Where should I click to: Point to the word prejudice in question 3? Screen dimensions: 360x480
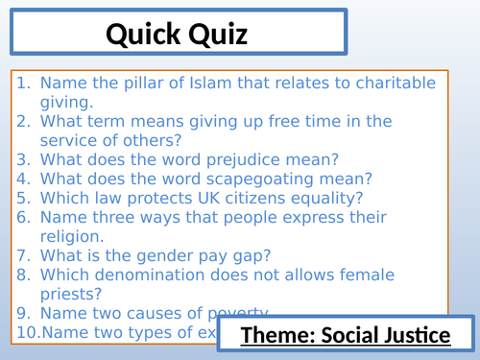[x=226, y=159]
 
